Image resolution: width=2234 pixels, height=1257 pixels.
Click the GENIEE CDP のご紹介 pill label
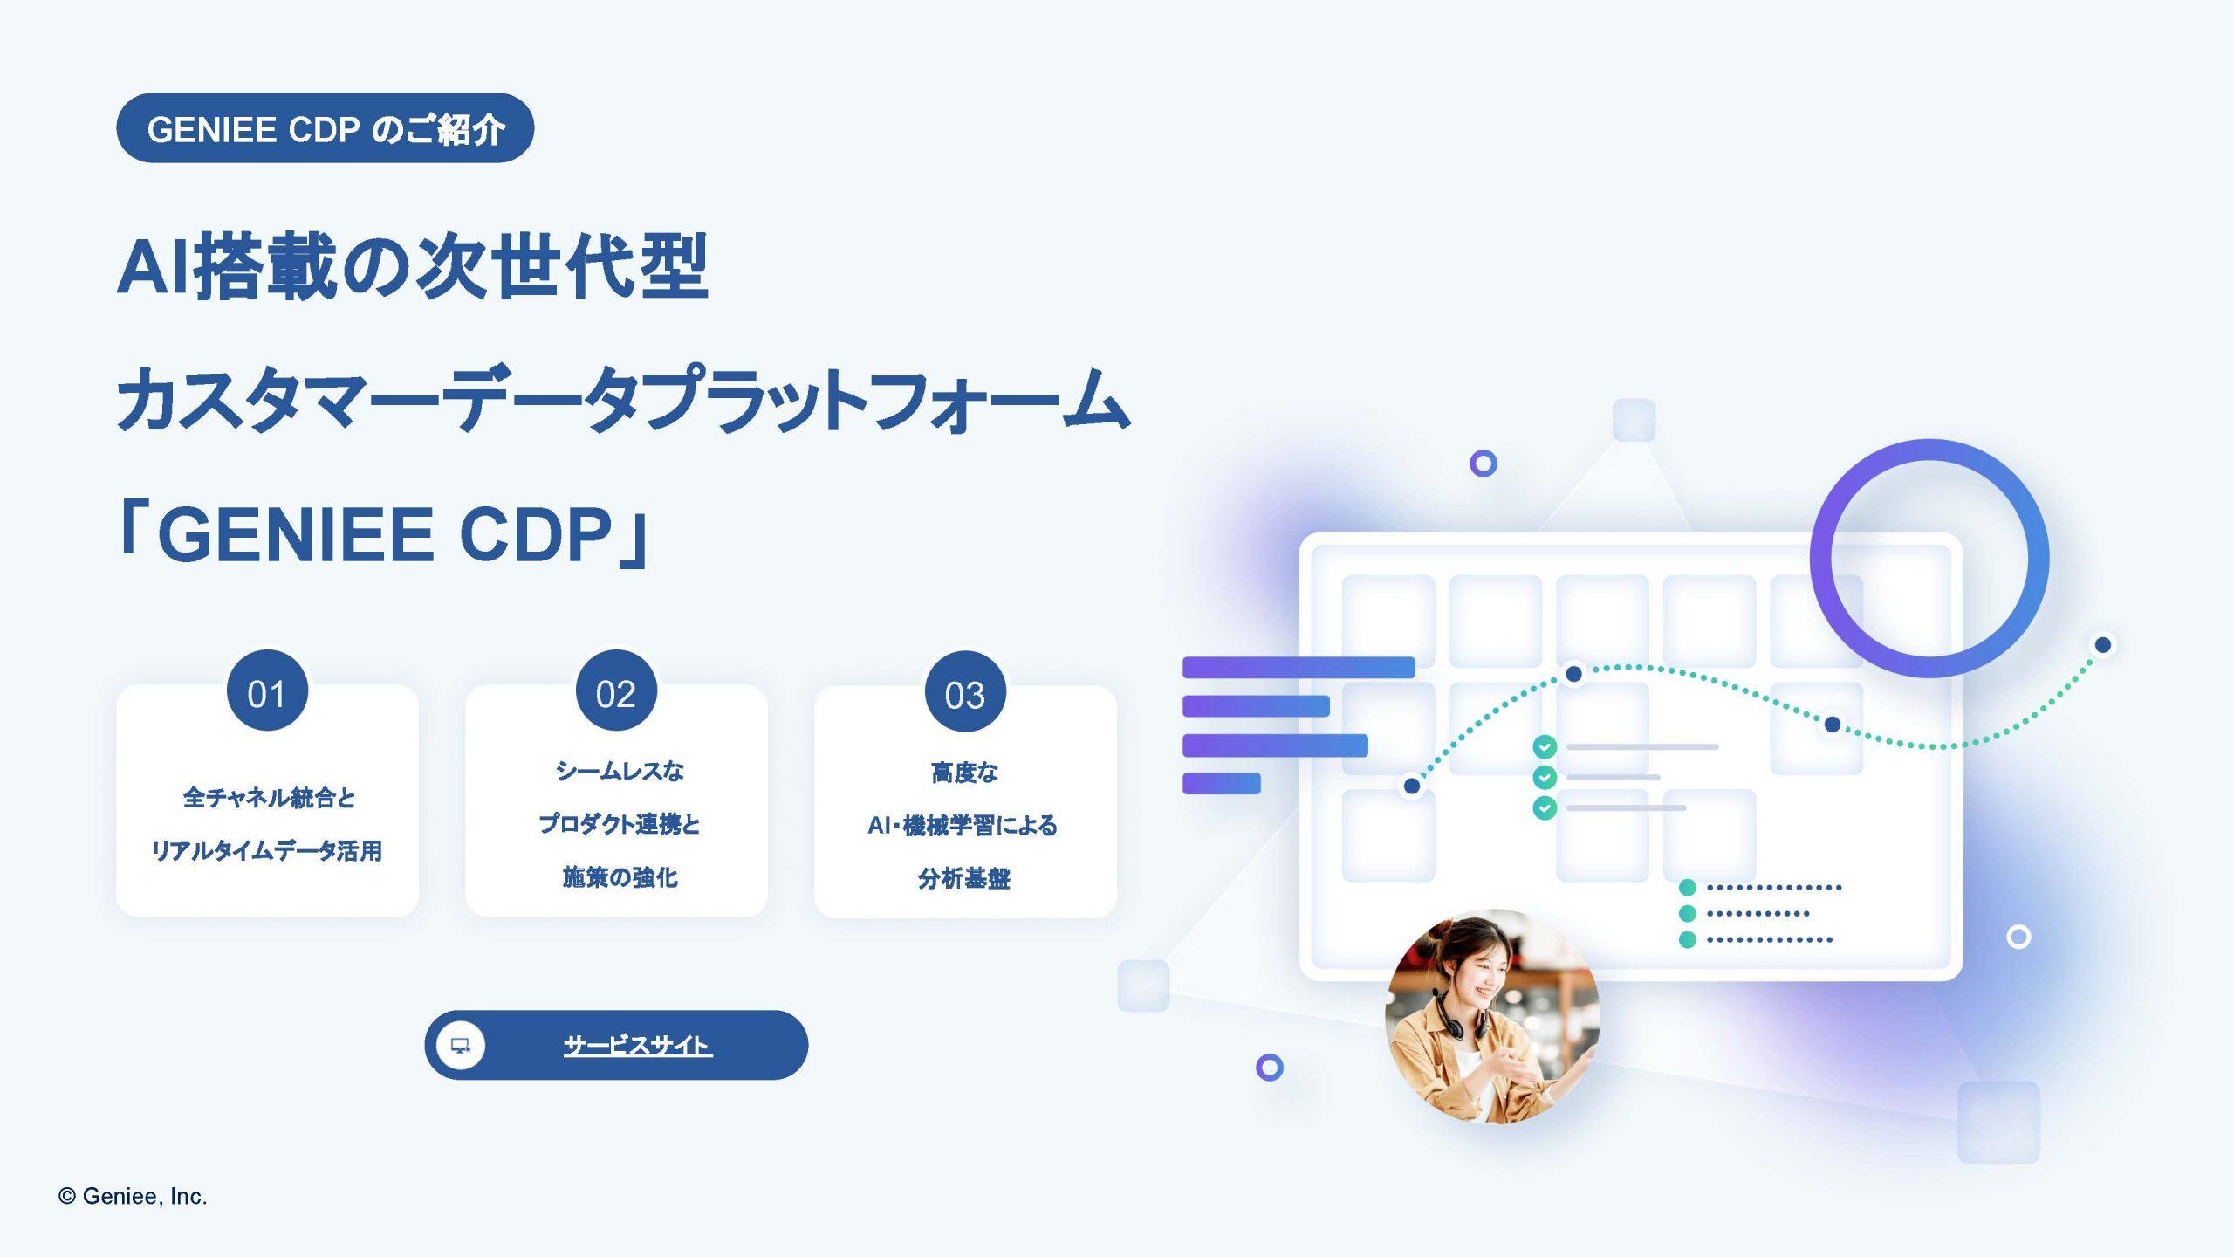pyautogui.click(x=325, y=128)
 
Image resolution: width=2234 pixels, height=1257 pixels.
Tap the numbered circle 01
pyautogui.click(x=267, y=690)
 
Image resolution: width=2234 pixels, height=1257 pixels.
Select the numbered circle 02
pyautogui.click(x=616, y=690)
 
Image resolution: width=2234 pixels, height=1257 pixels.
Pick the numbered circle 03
pyautogui.click(x=965, y=691)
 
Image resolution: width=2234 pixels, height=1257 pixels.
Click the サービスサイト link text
pyautogui.click(x=638, y=1045)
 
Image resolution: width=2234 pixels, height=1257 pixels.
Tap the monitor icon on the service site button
pyautogui.click(x=460, y=1045)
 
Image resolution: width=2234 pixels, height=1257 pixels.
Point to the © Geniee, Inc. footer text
pyautogui.click(x=133, y=1196)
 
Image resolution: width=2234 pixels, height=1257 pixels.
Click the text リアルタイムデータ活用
pyautogui.click(x=267, y=850)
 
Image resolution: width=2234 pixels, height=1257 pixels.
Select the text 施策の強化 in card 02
pyautogui.click(x=620, y=876)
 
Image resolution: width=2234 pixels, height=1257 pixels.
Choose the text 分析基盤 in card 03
pyautogui.click(x=964, y=878)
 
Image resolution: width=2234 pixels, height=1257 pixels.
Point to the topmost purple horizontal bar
pyautogui.click(x=1299, y=668)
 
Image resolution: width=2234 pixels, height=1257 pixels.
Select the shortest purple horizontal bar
pyautogui.click(x=1222, y=784)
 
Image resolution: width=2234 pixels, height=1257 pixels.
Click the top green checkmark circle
pyautogui.click(x=1545, y=747)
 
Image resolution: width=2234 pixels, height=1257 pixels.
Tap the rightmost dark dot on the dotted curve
pyautogui.click(x=2103, y=645)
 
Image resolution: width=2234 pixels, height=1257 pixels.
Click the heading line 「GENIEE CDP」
pyautogui.click(x=384, y=534)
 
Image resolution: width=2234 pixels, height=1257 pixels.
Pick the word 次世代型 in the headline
pyautogui.click(x=561, y=266)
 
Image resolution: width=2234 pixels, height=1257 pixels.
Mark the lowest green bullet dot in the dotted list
pyautogui.click(x=1688, y=939)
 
